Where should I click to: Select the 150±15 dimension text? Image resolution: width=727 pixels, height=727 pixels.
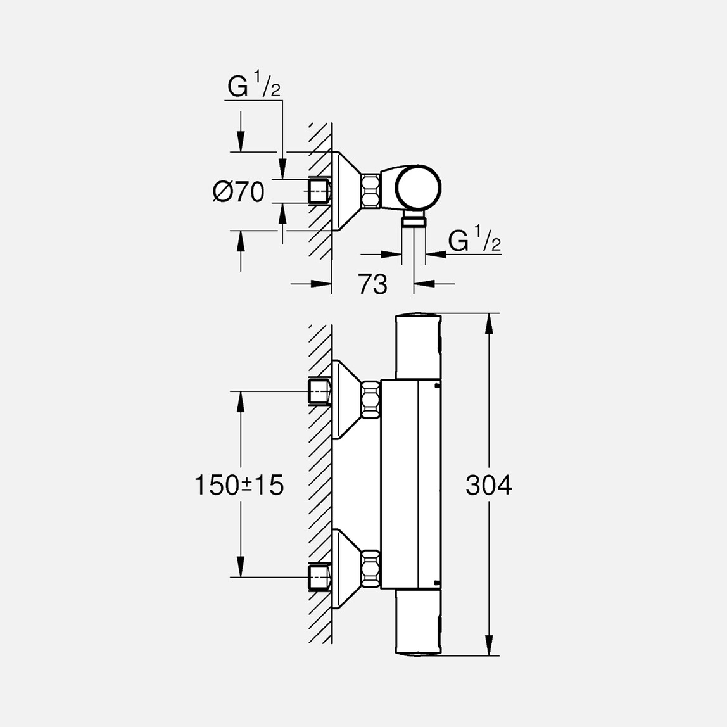point(239,486)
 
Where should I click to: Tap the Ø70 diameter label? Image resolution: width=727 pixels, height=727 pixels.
point(239,192)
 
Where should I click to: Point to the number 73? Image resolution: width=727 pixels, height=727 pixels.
point(372,285)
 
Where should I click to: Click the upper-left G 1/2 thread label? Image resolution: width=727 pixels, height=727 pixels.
point(254,88)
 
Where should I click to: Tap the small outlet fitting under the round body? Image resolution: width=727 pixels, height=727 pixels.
point(414,221)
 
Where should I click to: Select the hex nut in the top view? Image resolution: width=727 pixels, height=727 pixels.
point(371,191)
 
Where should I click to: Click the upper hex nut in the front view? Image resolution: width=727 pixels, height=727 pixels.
point(371,399)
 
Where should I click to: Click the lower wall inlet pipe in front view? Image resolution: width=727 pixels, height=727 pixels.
point(319,577)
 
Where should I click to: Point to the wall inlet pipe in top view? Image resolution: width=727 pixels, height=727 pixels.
point(319,191)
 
